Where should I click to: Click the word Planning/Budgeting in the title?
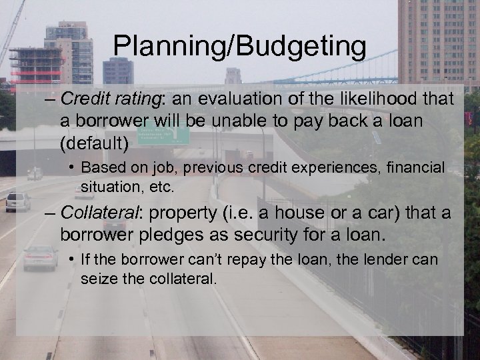pyautogui.click(x=239, y=47)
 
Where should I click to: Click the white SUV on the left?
pyautogui.click(x=18, y=201)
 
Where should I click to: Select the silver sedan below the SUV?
pyautogui.click(x=40, y=257)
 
